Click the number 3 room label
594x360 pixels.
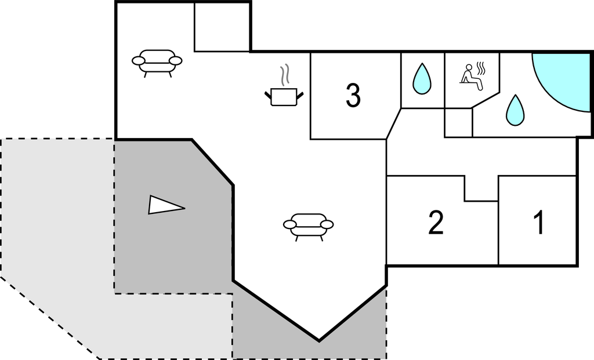(x=353, y=96)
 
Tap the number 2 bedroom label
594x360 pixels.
(x=436, y=223)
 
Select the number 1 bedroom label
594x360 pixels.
(x=539, y=223)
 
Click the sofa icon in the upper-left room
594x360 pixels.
(x=157, y=61)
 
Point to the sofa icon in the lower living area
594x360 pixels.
(x=308, y=226)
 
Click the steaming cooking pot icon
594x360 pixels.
(x=284, y=96)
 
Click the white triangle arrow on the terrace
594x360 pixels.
(x=165, y=205)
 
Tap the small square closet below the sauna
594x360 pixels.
(x=458, y=122)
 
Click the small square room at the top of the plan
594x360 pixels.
(x=222, y=27)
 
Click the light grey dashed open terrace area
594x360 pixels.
(x=58, y=232)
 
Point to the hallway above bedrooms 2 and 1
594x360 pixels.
(x=481, y=157)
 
